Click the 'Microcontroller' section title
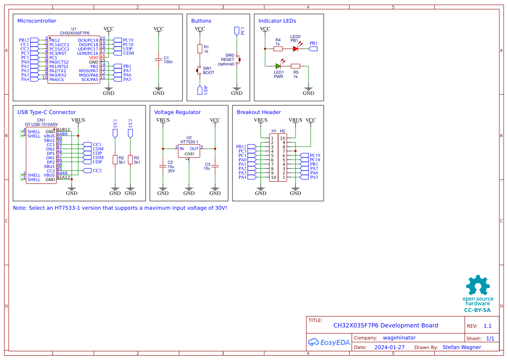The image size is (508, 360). (37, 21)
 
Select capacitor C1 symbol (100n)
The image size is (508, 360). (159, 60)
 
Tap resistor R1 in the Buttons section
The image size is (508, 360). (200, 49)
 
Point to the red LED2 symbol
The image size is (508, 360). (296, 49)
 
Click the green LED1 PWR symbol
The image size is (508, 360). (278, 66)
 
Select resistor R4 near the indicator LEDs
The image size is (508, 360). (278, 49)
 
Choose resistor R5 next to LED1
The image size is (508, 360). (296, 66)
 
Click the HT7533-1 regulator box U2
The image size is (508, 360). (189, 150)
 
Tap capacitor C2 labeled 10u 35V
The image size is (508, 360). (163, 166)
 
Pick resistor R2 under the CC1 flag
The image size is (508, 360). (115, 160)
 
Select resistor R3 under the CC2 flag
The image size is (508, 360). (130, 160)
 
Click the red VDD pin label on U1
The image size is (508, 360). (94, 57)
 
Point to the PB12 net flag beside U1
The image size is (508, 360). (24, 40)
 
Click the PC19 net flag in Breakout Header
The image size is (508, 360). (315, 155)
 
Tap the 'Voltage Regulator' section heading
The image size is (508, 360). (177, 112)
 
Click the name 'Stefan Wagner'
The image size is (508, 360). (462, 347)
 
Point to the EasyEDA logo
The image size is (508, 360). (329, 342)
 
